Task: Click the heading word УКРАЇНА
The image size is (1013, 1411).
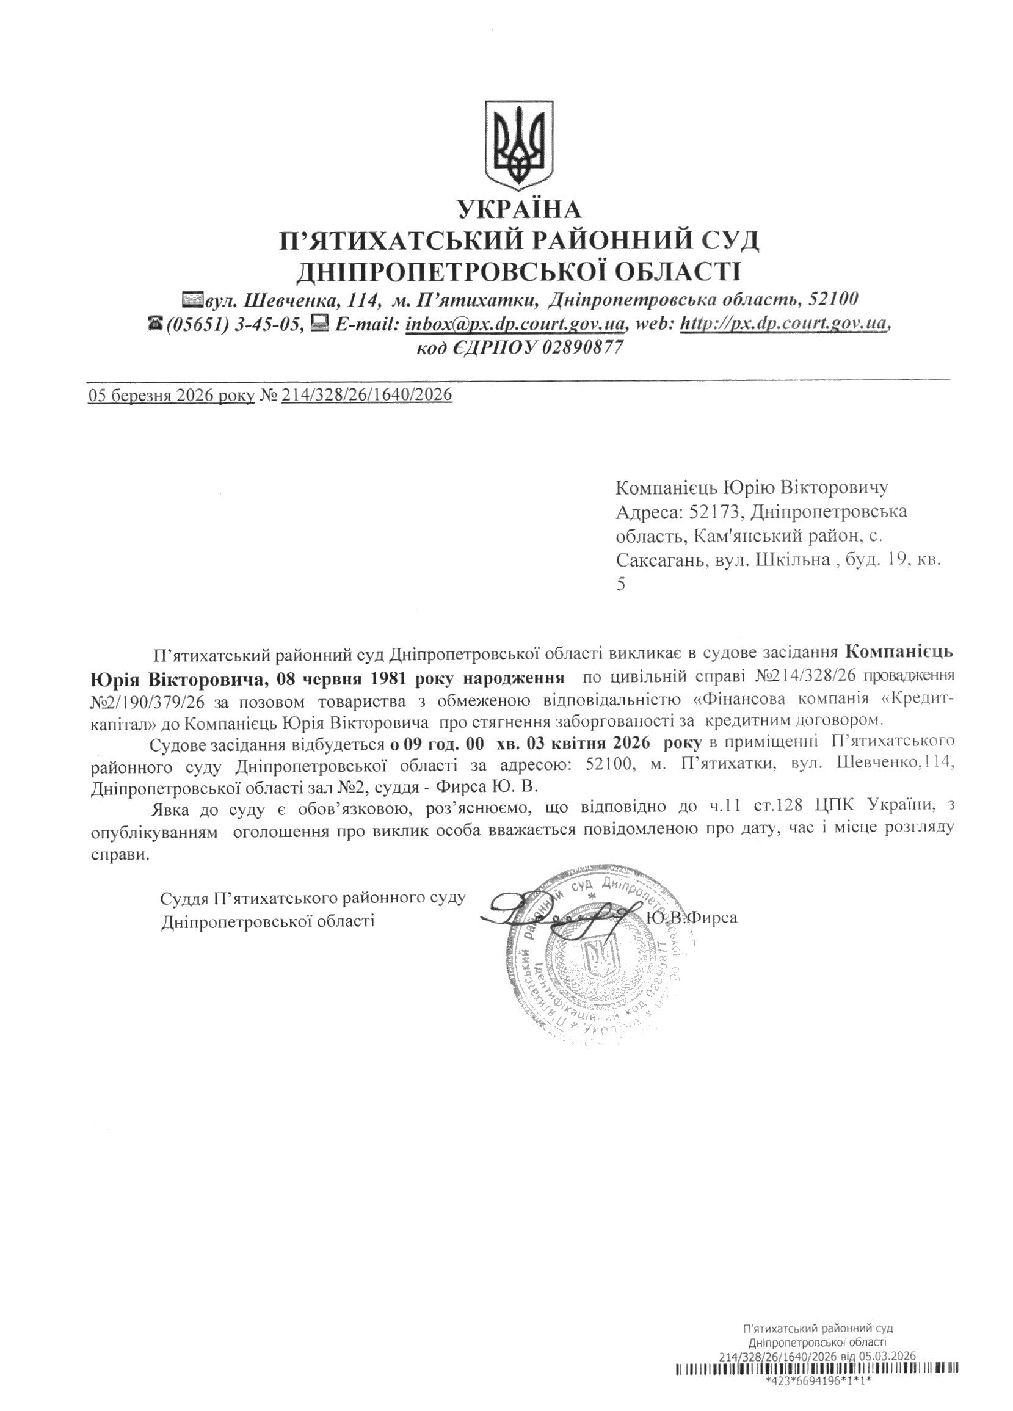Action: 519,209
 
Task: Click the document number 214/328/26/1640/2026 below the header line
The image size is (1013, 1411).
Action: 366,395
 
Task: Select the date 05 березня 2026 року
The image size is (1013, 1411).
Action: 171,395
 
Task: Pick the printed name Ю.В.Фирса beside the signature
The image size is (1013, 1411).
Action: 692,918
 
